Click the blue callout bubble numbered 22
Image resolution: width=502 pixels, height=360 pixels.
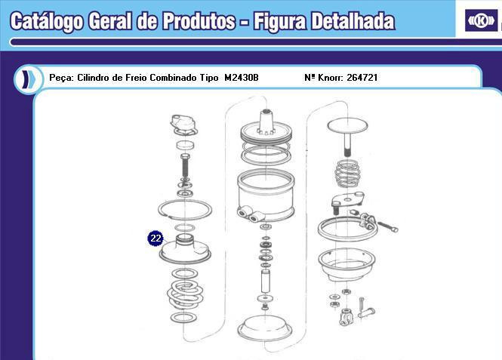point(156,238)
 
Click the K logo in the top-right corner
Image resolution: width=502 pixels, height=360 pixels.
point(479,20)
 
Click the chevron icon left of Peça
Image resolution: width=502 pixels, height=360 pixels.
point(26,78)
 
